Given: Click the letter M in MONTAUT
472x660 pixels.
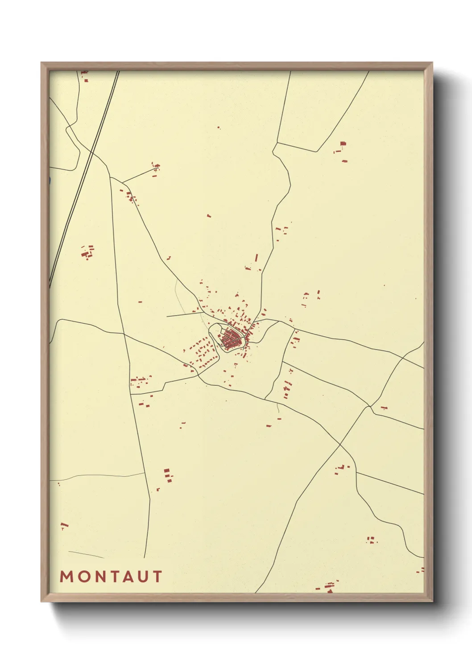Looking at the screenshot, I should pyautogui.click(x=66, y=577).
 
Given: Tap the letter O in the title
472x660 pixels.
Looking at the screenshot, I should pyautogui.click(x=83, y=577).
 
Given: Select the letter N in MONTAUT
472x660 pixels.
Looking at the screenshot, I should pyautogui.click(x=100, y=577).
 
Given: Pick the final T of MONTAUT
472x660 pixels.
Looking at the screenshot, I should pyautogui.click(x=157, y=577).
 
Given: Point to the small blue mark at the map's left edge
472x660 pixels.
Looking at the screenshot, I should pyautogui.click(x=50, y=181).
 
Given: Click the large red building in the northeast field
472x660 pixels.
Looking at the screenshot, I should pyautogui.click(x=343, y=144).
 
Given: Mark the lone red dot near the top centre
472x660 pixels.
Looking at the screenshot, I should pyautogui.click(x=219, y=128).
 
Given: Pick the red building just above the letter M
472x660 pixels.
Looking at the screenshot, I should pyautogui.click(x=64, y=525).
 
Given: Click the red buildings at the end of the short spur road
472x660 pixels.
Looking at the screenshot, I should pyautogui.click(x=156, y=168).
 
